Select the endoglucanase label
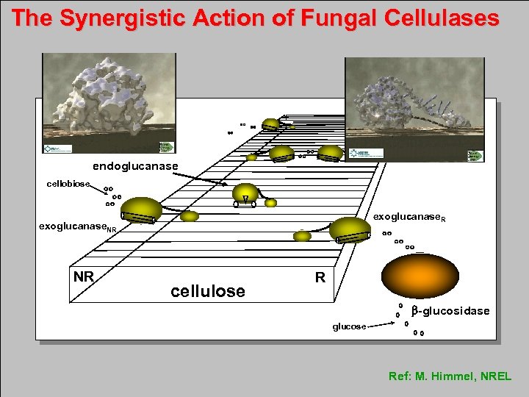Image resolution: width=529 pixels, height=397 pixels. coord(135,166)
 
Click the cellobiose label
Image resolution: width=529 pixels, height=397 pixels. coord(68,183)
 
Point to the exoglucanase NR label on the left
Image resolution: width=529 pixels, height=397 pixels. coord(77,227)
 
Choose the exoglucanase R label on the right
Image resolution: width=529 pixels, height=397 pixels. coord(409,218)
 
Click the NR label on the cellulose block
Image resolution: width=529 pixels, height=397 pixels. coord(84,276)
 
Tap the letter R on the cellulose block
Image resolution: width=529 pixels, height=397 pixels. coord(320,277)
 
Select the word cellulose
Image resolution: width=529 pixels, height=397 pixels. coord(208,291)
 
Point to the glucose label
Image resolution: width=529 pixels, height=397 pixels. coord(349,326)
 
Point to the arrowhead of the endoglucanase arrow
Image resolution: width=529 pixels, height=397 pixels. coord(223,183)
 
